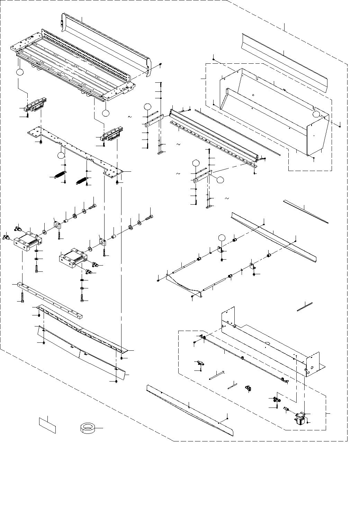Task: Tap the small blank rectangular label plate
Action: click(47, 424)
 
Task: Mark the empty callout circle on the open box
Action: click(316, 114)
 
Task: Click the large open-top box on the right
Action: click(273, 111)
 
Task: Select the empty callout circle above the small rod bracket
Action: click(222, 237)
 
